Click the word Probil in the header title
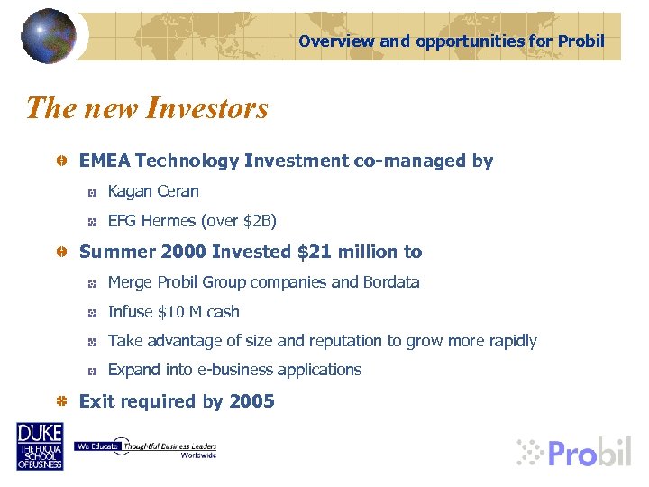[x=581, y=41]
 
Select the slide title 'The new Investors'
[x=147, y=108]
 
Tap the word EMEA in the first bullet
[x=105, y=161]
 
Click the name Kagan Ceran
[x=153, y=191]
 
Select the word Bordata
[x=391, y=282]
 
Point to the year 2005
[x=251, y=401]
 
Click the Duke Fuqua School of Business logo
[x=40, y=446]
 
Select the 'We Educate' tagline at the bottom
[x=94, y=446]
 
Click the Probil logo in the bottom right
[x=574, y=451]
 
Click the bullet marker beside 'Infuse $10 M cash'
[x=92, y=313]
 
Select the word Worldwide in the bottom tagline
[x=198, y=455]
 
